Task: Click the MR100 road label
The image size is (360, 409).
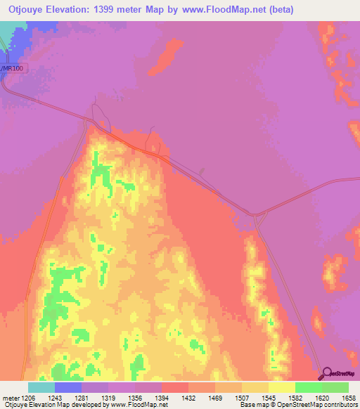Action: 12,68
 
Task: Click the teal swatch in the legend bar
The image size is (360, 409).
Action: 41,387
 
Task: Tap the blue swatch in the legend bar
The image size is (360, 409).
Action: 68,387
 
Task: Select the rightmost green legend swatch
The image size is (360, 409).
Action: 335,387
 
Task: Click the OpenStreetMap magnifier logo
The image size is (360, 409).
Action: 325,373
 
